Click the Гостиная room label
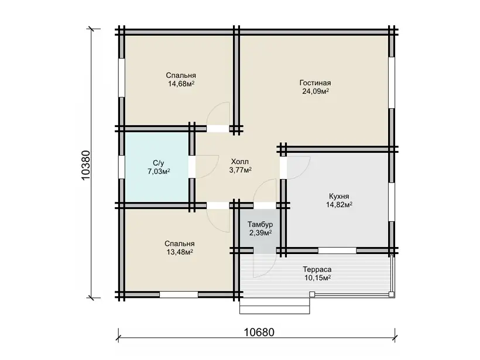pyautogui.click(x=315, y=83)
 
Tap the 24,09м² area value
pyautogui.click(x=316, y=91)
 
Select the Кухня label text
pyautogui.click(x=339, y=196)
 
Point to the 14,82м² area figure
pyautogui.click(x=339, y=204)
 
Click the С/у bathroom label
pyautogui.click(x=159, y=163)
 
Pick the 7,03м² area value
pyautogui.click(x=159, y=171)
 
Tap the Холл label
pyautogui.click(x=239, y=162)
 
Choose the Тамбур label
pyautogui.click(x=260, y=224)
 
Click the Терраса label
pyautogui.click(x=317, y=270)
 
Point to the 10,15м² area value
pyautogui.click(x=317, y=278)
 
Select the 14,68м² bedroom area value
pyautogui.click(x=181, y=84)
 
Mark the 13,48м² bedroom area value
pyautogui.click(x=180, y=252)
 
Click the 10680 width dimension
pyautogui.click(x=259, y=332)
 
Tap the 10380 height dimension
pyautogui.click(x=86, y=165)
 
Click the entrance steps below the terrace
pyautogui.click(x=275, y=306)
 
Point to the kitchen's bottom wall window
pyautogui.click(x=337, y=251)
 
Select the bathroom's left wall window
pyautogui.click(x=122, y=167)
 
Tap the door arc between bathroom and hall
pyautogui.click(x=207, y=167)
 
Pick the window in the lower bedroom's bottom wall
pyautogui.click(x=179, y=294)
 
